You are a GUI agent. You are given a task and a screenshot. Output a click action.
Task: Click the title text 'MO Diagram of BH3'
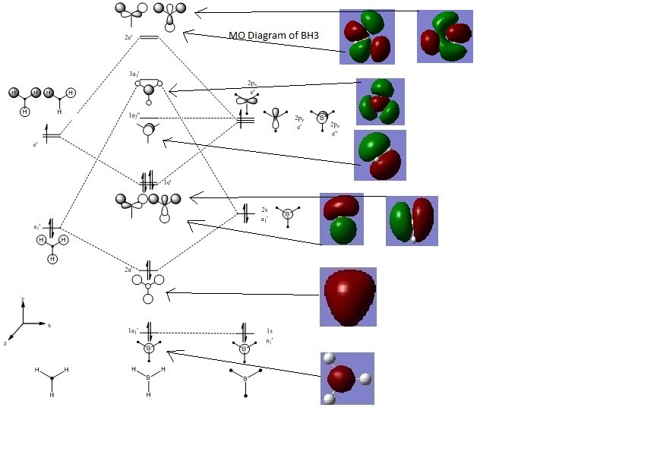[273, 36]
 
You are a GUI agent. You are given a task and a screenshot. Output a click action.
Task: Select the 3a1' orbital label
[134, 74]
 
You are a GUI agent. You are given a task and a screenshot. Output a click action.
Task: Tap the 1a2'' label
[134, 115]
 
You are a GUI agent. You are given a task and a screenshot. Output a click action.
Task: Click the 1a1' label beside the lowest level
[132, 330]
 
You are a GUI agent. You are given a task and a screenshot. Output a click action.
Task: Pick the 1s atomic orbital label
[270, 331]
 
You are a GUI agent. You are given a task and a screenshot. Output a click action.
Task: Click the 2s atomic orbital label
[264, 208]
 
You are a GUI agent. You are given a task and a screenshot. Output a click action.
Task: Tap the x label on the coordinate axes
[49, 324]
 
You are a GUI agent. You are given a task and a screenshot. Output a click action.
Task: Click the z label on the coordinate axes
[5, 343]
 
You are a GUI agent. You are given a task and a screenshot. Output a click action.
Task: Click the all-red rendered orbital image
[348, 296]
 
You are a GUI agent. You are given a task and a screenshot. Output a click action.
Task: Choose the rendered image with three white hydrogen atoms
[347, 378]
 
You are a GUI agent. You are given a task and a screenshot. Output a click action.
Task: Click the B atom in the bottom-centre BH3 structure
[148, 377]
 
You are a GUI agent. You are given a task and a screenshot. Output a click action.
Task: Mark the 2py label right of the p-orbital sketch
[299, 118]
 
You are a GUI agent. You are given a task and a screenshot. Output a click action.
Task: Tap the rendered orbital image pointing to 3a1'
[380, 101]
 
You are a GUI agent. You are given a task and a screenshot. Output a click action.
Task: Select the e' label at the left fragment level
[34, 144]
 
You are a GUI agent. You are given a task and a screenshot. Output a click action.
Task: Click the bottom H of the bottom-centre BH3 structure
[148, 395]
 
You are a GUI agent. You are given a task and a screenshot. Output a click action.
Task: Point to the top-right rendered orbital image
[445, 36]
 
